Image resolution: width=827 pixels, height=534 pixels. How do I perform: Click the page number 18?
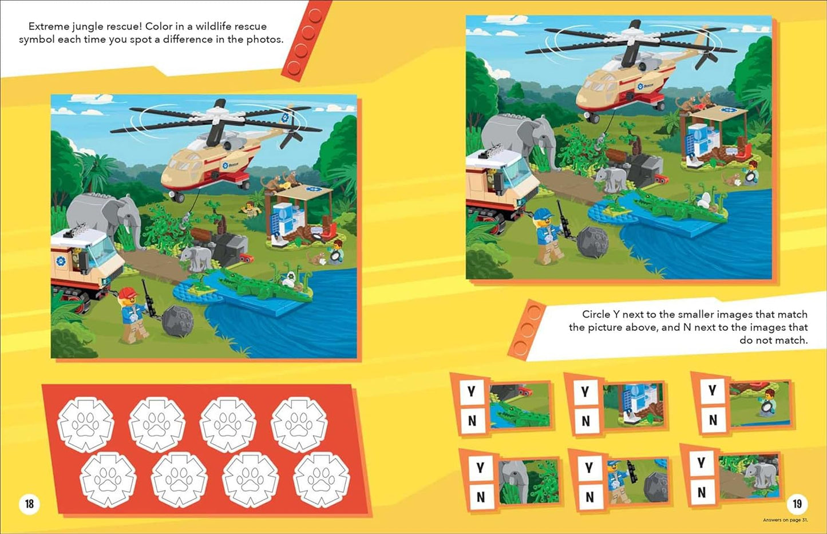tap(29, 504)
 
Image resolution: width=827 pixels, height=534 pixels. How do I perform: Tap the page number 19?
tap(797, 504)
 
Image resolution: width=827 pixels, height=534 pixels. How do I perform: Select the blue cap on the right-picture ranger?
tap(543, 213)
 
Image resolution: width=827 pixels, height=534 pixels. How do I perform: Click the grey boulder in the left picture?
tap(179, 321)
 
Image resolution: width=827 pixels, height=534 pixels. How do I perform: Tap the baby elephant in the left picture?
tap(196, 257)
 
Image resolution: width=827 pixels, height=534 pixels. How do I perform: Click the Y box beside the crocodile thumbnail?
tap(471, 391)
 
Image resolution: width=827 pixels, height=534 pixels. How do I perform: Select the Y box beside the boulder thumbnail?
tap(589, 468)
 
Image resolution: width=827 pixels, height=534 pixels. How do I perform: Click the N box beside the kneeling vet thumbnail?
tap(713, 420)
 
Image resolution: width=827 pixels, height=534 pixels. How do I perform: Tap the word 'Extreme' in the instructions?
tap(48, 26)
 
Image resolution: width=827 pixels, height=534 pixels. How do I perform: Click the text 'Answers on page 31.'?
tap(785, 520)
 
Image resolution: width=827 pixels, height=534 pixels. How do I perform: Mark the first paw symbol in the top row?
tap(86, 425)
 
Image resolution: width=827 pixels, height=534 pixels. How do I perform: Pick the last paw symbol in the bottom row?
tap(321, 480)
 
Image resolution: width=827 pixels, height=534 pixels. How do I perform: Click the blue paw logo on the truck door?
tap(61, 262)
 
